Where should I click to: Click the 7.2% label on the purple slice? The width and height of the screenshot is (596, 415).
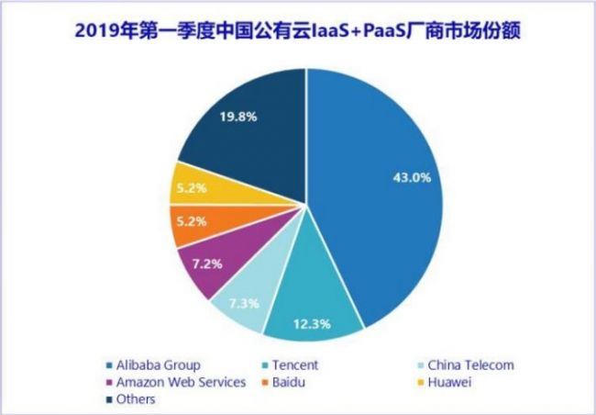[x=205, y=264]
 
